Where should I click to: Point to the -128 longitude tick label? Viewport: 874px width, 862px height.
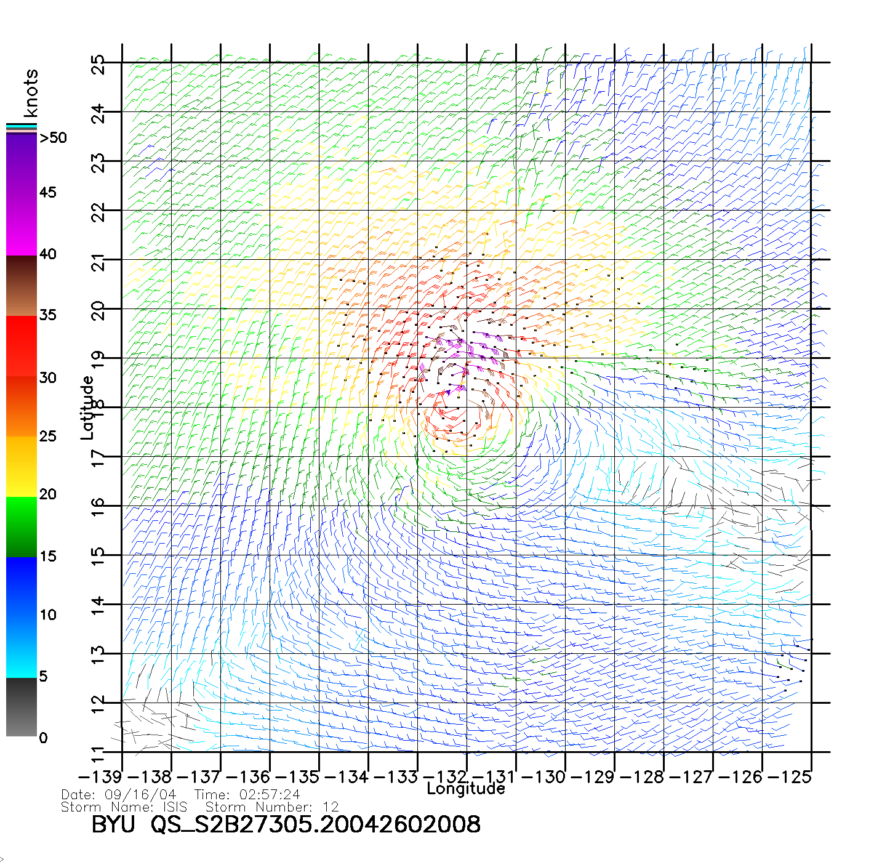[x=642, y=777]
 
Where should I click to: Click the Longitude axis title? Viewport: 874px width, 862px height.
[x=466, y=789]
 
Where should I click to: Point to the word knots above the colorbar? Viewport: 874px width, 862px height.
[x=31, y=93]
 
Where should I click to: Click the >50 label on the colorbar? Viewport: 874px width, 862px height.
[x=53, y=138]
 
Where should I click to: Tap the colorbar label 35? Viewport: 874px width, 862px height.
[x=47, y=315]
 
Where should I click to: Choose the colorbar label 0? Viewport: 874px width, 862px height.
[x=43, y=738]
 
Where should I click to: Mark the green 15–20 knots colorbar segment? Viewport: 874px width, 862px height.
[x=22, y=526]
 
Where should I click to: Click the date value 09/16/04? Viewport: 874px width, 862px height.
[x=141, y=795]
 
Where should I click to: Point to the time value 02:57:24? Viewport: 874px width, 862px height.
[x=271, y=795]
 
